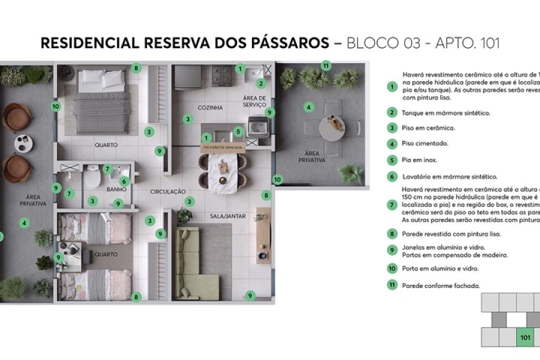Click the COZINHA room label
tap(210, 107)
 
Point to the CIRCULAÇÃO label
tap(168, 191)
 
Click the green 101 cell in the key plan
tap(525, 337)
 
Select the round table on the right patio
tap(331, 127)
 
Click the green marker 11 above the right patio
tap(326, 65)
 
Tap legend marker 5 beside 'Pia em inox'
tap(392, 160)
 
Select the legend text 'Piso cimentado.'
tap(425, 144)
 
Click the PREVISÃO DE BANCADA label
tap(223, 147)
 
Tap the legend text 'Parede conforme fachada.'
tap(441, 286)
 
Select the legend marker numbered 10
tap(392, 269)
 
